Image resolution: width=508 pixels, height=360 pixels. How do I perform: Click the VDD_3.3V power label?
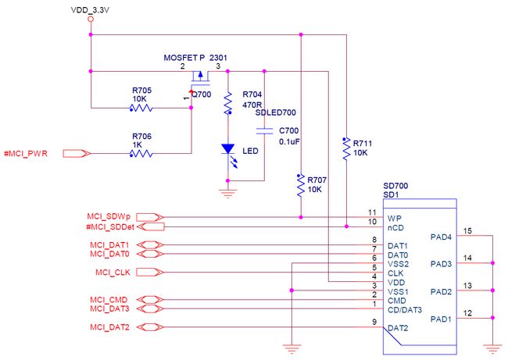click(x=90, y=10)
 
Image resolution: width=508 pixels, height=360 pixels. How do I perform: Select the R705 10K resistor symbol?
click(x=141, y=108)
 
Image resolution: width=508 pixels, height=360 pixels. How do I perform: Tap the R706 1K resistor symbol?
click(x=141, y=154)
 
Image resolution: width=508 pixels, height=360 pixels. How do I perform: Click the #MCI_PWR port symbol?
click(x=77, y=154)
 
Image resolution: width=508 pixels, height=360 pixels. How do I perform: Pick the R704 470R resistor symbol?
click(x=228, y=103)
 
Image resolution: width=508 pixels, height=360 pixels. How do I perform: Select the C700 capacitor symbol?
click(x=264, y=130)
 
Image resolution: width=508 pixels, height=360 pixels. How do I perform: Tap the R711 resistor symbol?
click(x=346, y=148)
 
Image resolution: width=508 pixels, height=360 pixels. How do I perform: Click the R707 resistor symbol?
click(x=301, y=185)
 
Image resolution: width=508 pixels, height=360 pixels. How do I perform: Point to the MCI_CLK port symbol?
click(x=150, y=273)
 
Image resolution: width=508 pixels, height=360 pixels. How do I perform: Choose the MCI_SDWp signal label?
click(x=109, y=216)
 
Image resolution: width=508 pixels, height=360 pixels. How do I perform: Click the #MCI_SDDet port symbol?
click(x=150, y=226)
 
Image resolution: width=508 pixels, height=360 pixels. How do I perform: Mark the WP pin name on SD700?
click(x=394, y=219)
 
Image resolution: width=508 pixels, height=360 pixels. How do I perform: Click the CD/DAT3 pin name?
click(x=405, y=310)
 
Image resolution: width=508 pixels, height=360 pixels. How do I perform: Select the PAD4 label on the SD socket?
click(x=441, y=237)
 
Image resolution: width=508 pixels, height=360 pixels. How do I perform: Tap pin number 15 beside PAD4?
click(x=467, y=231)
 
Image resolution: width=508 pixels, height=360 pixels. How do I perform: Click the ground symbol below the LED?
click(x=227, y=193)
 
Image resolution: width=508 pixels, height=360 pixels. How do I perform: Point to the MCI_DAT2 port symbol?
click(x=150, y=327)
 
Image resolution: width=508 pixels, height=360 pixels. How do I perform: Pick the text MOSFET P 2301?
click(x=195, y=58)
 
